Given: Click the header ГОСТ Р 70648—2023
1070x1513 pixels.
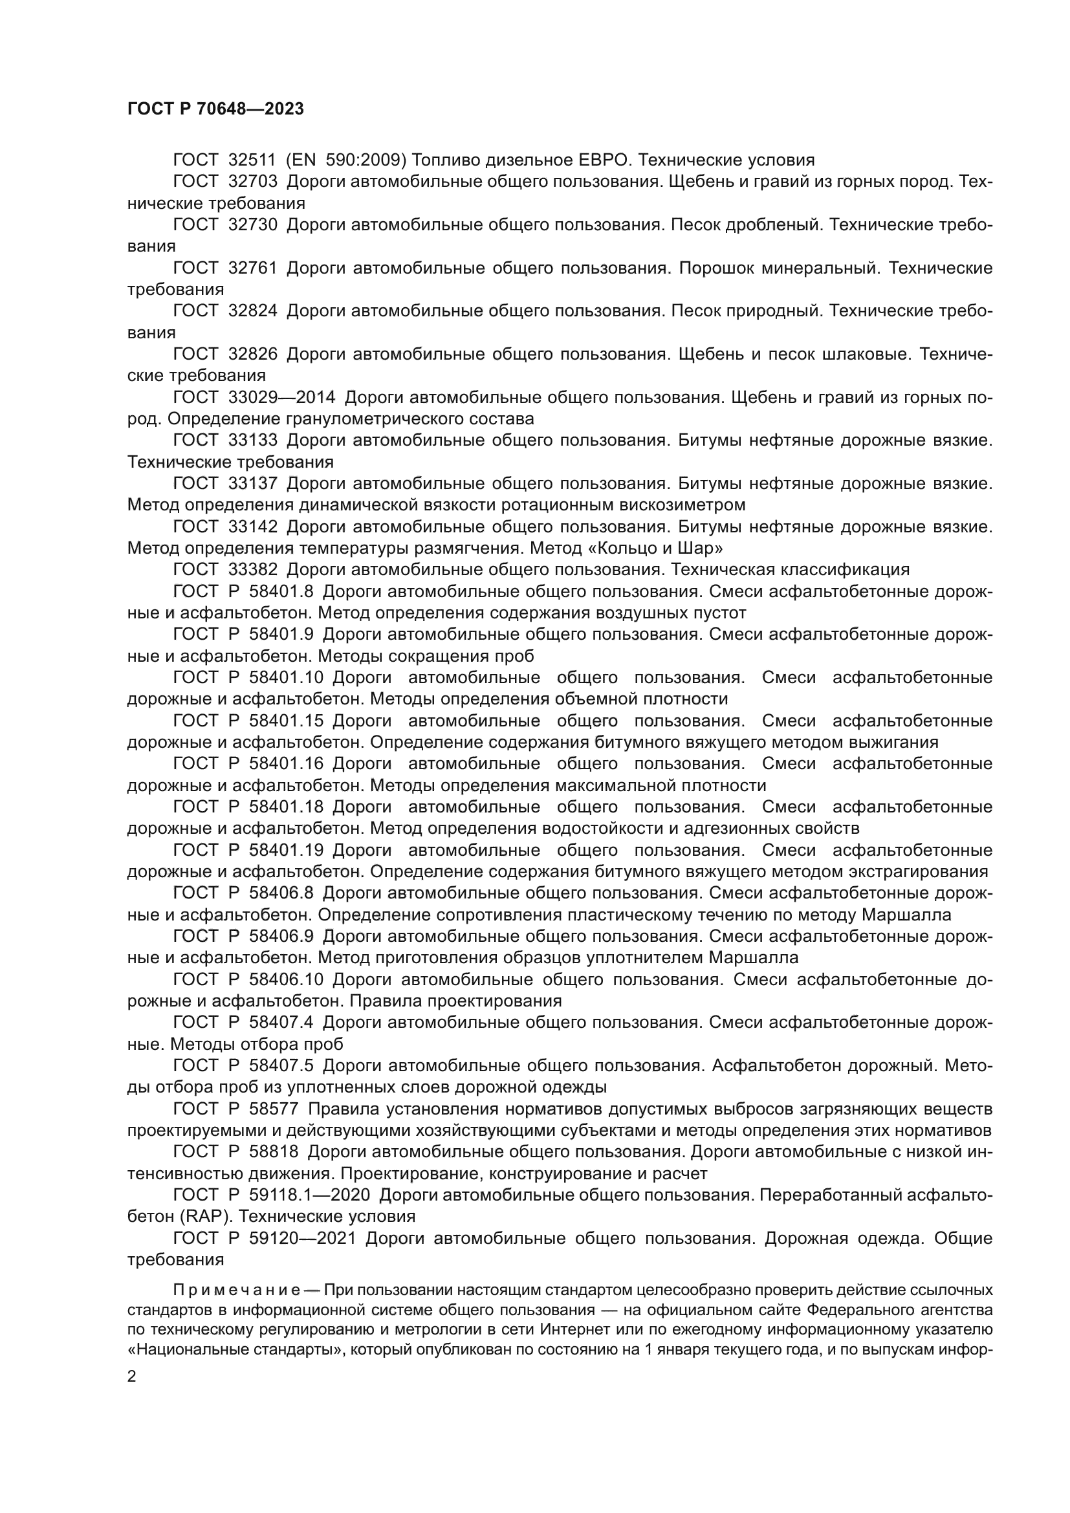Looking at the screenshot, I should [215, 109].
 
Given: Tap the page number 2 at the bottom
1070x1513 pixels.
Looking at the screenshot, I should [132, 1377].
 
